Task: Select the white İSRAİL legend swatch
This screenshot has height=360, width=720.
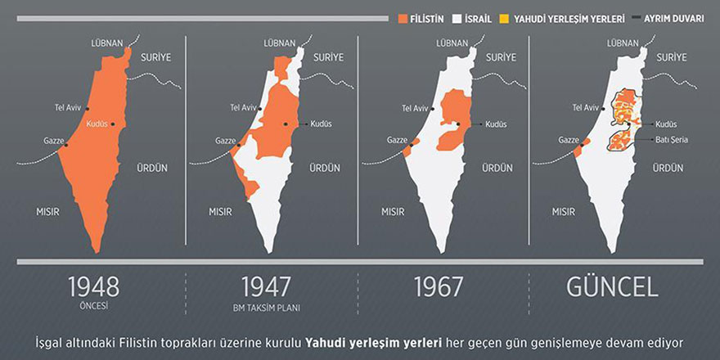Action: pyautogui.click(x=457, y=17)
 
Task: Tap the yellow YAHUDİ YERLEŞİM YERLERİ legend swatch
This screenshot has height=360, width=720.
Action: pyautogui.click(x=505, y=17)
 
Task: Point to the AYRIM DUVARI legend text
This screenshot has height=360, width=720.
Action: pyautogui.click(x=673, y=17)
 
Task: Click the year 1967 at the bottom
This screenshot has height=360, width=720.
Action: pyautogui.click(x=438, y=286)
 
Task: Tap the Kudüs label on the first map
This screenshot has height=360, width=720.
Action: pyautogui.click(x=97, y=124)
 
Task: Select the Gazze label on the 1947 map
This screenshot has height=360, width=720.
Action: pyautogui.click(x=225, y=141)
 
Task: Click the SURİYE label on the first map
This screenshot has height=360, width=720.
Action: pyautogui.click(x=155, y=57)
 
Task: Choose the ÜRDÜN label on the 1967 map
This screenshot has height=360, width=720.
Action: pyautogui.click(x=497, y=168)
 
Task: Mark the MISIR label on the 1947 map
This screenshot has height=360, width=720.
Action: pyautogui.click(x=220, y=211)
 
